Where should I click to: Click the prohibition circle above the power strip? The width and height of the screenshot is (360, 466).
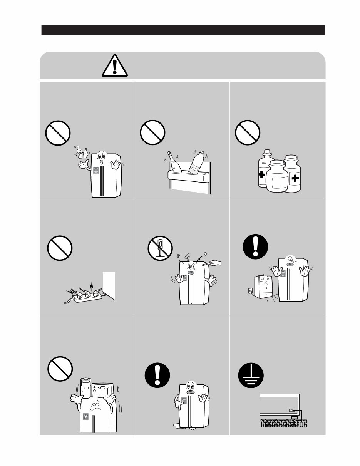point(60,248)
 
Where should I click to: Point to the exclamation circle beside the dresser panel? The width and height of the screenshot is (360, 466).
point(256,248)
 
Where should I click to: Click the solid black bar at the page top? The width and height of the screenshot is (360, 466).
point(183,30)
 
